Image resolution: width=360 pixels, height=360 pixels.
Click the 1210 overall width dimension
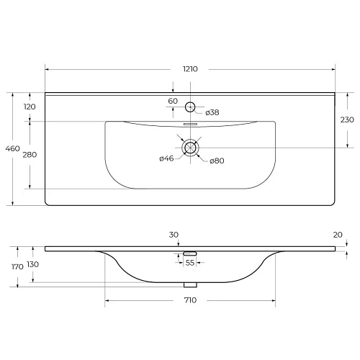tap(190, 69)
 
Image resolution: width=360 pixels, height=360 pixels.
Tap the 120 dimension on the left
tap(30, 107)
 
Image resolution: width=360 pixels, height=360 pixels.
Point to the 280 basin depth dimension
tap(30, 154)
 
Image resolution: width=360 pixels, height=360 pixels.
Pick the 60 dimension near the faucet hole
tap(173, 102)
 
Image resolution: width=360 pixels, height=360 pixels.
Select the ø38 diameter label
tap(212, 112)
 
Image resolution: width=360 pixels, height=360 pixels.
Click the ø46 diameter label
tap(167, 159)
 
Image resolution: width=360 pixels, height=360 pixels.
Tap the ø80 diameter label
tap(217, 161)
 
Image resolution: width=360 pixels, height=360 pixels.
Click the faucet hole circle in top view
tap(190, 107)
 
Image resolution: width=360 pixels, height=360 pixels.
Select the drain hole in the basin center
tap(190, 148)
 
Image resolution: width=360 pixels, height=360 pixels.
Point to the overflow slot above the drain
tap(190, 124)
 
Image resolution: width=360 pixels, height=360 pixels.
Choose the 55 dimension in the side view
tap(190, 264)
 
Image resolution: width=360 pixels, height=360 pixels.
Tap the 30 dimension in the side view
tap(174, 235)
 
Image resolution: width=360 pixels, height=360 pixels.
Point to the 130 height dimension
tap(33, 264)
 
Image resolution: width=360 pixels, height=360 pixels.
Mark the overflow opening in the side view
tap(190, 253)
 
